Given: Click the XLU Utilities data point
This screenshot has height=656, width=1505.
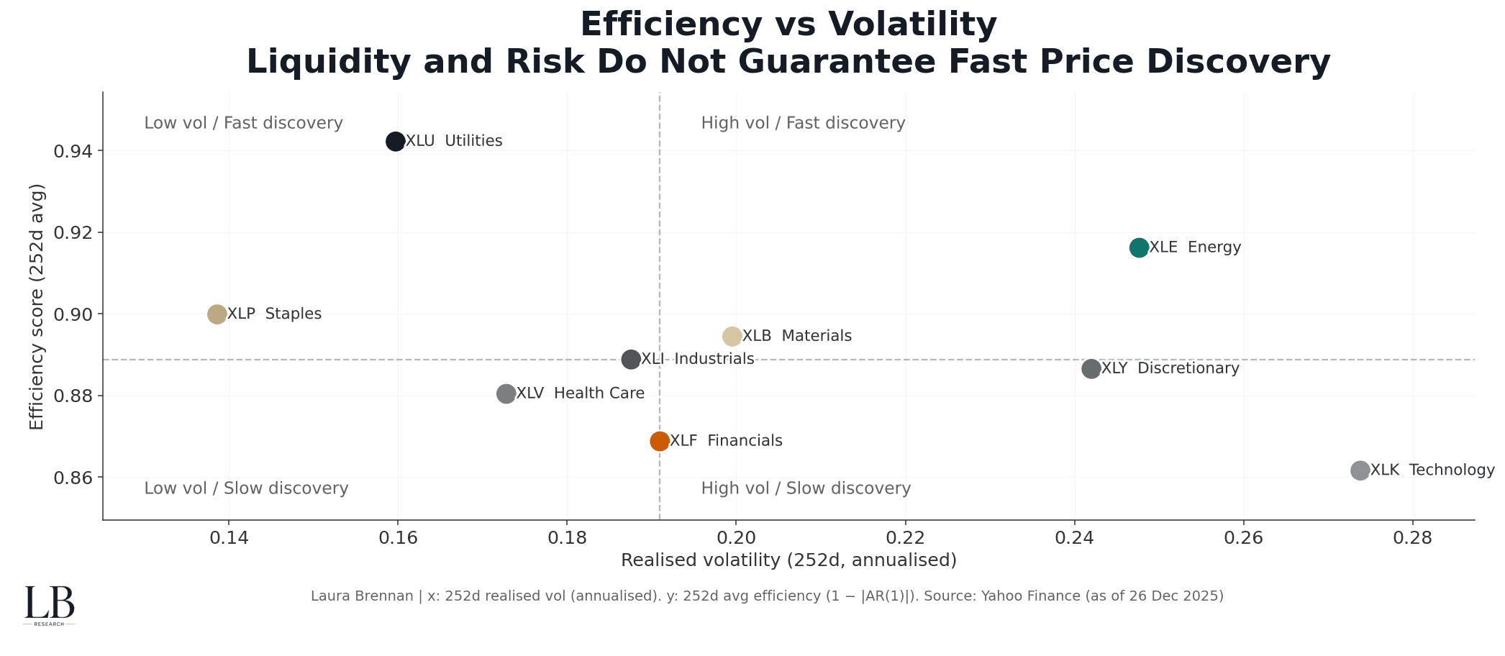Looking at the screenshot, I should (395, 141).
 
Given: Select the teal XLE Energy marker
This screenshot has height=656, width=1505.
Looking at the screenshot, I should (1139, 247).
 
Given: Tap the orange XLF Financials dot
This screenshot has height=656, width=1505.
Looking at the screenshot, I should (660, 441).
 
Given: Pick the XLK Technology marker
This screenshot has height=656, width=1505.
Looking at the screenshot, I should (1360, 470).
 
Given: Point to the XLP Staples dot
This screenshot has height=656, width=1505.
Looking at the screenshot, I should (217, 314).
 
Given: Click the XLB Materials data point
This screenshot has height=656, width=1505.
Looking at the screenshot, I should (732, 336).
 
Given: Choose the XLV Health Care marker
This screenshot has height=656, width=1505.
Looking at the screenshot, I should (506, 393).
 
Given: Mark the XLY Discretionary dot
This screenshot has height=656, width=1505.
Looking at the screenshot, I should (1091, 369).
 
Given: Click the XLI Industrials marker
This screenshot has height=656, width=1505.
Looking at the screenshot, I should (631, 359).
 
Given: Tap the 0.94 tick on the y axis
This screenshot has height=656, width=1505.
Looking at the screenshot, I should (73, 151).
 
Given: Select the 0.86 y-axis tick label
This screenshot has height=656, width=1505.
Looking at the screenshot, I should (73, 478).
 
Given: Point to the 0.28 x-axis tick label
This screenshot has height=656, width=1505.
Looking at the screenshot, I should (1413, 538).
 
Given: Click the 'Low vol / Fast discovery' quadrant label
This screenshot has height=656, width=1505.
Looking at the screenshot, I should (243, 123).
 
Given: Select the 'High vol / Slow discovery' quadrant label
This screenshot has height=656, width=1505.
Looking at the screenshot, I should (806, 488).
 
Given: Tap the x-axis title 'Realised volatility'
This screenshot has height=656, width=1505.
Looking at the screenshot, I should (788, 560).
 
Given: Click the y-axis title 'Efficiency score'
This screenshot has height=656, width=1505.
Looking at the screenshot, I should (37, 306).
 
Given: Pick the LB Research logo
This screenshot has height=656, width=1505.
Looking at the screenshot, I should (49, 605).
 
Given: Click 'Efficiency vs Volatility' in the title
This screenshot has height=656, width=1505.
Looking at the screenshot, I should (788, 24).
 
